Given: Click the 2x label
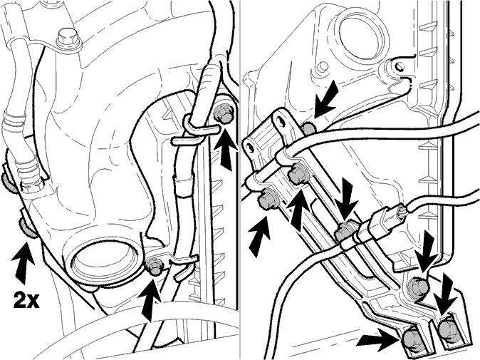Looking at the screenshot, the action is click(x=26, y=299).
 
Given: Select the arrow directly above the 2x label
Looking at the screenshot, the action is click(x=23, y=262).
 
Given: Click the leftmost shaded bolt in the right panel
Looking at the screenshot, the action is click(x=267, y=200).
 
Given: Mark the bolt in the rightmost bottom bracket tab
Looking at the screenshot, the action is click(x=448, y=328).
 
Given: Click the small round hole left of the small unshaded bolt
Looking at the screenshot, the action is click(x=322, y=66).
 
